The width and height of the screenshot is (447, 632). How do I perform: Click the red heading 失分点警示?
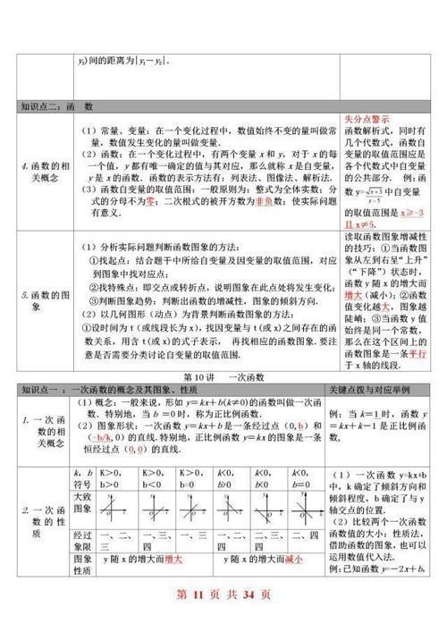365,119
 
